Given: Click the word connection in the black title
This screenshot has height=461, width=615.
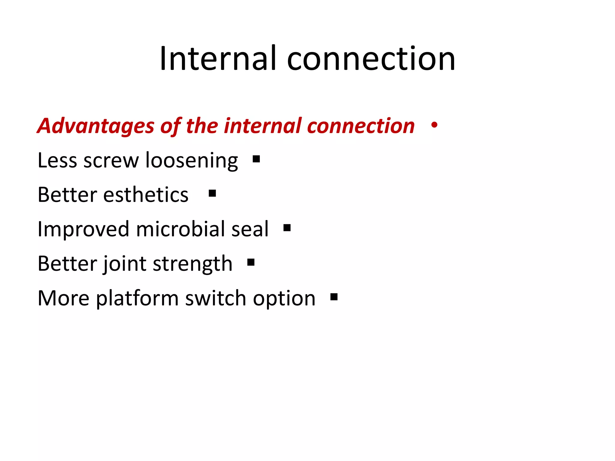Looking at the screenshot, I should point(371,59).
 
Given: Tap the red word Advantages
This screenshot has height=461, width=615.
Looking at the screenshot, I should point(95,126).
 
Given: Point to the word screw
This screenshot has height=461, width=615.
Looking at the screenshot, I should point(111,161).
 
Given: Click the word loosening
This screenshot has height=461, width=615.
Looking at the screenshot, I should point(192,161).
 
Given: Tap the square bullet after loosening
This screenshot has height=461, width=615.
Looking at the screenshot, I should point(256,159).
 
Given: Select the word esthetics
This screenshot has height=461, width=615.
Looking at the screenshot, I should point(146,195).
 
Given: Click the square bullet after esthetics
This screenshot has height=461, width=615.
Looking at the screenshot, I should point(212,193).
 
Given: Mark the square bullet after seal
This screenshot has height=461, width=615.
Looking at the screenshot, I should point(287,228).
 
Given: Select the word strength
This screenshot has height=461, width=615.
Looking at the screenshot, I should point(192,264).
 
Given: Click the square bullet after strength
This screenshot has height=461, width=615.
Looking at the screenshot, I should point(251,263).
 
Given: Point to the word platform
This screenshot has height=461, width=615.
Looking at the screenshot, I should point(137,299).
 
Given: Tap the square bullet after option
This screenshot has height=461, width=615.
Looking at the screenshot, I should point(334,297).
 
